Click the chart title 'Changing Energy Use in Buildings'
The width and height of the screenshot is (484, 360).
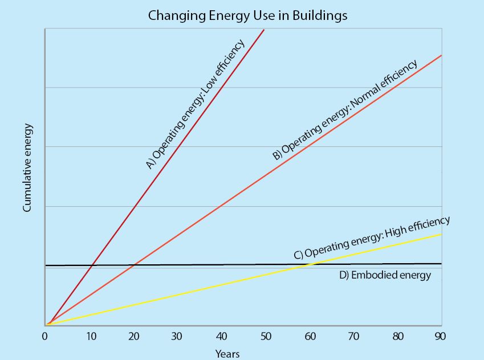coord(247,15)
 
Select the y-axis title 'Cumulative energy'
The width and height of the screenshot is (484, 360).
coord(27,168)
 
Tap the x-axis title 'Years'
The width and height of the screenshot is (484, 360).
coord(227,354)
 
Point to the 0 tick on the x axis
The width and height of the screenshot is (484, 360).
coord(44,336)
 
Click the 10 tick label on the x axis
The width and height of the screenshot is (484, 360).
coord(91,336)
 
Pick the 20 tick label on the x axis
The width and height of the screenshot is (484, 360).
coord(133,336)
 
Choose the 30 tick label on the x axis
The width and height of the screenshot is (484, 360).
coord(177,336)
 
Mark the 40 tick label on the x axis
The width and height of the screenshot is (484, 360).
coord(221,336)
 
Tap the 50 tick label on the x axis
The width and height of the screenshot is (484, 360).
coord(265,336)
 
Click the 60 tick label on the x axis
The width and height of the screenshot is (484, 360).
coord(310,336)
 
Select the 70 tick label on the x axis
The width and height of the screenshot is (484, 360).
coord(353,336)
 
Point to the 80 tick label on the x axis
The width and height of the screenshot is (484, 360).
coord(397,336)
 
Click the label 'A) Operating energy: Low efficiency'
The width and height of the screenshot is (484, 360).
coord(195,104)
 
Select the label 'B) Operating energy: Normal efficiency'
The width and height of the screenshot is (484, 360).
coord(345,109)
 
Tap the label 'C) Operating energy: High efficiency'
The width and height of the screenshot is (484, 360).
coord(372,238)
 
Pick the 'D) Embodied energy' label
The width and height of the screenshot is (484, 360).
coord(385,275)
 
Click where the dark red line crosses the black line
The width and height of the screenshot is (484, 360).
coord(92,265)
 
